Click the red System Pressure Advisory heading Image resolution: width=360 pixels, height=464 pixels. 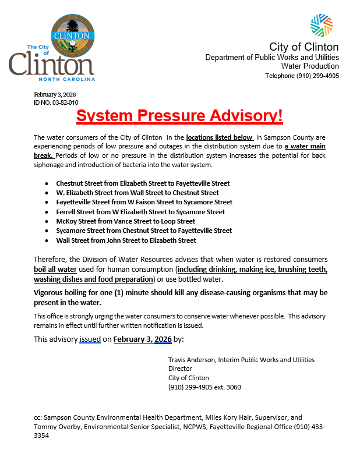[x=179, y=115]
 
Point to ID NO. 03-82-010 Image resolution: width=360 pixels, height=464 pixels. [x=56, y=102]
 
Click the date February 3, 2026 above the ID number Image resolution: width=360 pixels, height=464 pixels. [x=55, y=94]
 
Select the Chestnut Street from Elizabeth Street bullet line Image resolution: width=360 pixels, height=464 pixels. [x=143, y=183]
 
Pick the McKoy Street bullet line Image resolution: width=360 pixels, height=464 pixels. [x=125, y=221]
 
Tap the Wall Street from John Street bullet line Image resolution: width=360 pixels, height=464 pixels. [x=126, y=240]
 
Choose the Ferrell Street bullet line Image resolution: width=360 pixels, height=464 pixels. [x=140, y=212]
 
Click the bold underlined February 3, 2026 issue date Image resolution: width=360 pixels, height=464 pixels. [x=142, y=339]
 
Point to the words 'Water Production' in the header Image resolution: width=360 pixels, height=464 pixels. [x=313, y=67]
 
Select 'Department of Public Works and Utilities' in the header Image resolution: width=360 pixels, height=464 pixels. [x=271, y=58]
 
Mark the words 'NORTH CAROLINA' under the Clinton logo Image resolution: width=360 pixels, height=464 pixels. [x=66, y=79]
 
